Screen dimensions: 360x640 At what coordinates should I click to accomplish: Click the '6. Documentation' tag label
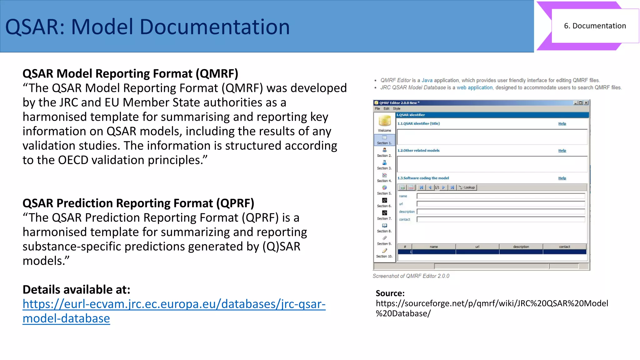[595, 26]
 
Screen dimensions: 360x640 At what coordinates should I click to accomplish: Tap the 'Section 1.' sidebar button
[384, 140]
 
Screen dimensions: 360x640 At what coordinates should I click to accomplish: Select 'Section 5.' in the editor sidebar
[384, 190]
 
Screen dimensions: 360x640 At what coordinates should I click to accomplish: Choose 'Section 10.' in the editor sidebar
[384, 253]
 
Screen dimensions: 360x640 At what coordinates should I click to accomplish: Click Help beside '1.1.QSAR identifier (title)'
[562, 124]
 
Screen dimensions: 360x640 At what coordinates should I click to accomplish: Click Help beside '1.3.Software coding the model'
[562, 178]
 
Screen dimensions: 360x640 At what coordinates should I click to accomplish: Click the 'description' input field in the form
[501, 212]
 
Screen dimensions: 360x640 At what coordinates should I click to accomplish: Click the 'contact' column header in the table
[564, 247]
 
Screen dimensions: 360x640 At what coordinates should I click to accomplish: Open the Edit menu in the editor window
[387, 109]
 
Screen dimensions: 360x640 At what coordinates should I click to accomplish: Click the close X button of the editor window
[586, 103]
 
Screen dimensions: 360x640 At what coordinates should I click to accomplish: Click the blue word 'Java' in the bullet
[427, 80]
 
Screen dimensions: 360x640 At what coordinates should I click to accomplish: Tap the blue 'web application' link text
[474, 87]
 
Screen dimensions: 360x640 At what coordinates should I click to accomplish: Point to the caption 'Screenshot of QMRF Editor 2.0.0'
[411, 276]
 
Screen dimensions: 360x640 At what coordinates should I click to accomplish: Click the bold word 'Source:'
[390, 293]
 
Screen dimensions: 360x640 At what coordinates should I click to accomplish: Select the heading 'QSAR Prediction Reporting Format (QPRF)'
[138, 203]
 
